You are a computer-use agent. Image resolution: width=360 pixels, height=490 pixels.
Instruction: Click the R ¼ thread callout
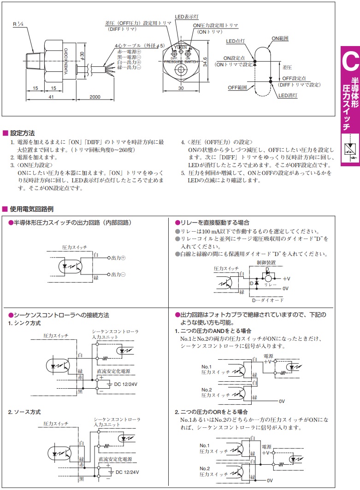click(x=18, y=24)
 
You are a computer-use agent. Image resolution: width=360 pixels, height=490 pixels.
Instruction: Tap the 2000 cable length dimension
click(x=95, y=97)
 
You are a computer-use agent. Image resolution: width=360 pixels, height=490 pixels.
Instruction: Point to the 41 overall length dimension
click(x=51, y=97)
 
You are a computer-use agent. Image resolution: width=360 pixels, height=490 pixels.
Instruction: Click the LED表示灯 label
click(x=186, y=17)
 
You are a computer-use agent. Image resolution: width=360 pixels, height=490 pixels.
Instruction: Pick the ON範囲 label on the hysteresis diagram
click(x=280, y=38)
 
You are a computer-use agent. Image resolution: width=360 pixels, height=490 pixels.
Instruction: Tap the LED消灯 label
click(x=288, y=95)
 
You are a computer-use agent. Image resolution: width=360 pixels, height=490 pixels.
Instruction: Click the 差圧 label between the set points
click(x=287, y=67)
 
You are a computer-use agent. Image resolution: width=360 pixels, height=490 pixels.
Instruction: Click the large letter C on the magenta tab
click(x=350, y=61)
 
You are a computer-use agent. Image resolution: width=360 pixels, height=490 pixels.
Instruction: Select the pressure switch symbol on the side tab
click(x=350, y=149)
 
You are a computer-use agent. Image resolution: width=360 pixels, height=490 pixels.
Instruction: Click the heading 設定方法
click(x=22, y=133)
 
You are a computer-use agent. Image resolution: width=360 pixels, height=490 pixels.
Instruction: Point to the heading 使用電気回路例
click(x=32, y=209)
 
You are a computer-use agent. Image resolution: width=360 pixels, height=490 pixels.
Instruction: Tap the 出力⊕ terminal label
click(x=118, y=258)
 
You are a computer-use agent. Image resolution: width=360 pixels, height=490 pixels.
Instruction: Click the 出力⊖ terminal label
click(x=118, y=274)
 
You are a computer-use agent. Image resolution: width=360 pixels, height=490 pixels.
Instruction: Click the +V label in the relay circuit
click(x=286, y=279)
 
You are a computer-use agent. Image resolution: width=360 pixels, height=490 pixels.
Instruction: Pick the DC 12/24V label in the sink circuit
click(x=126, y=384)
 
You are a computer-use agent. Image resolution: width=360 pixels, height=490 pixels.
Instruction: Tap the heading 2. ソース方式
click(x=24, y=412)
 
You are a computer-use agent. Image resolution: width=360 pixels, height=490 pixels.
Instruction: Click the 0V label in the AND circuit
click(x=282, y=401)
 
